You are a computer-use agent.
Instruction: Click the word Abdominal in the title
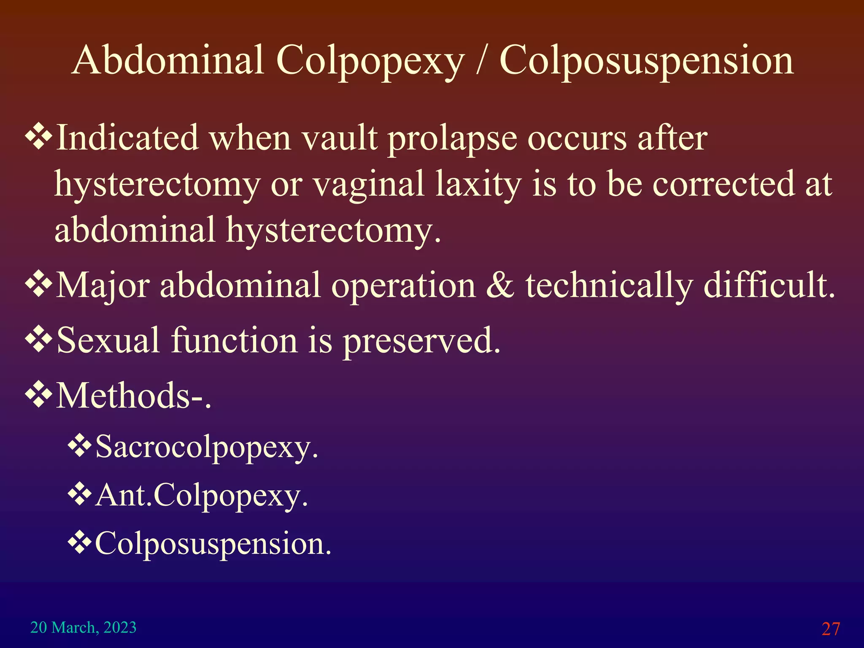tap(168, 61)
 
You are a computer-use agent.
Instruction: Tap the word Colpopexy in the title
tap(370, 62)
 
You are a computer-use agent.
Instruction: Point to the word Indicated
tap(127, 138)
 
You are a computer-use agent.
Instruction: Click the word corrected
tap(723, 184)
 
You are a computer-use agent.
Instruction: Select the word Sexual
tap(108, 340)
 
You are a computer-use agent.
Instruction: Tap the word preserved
tap(421, 342)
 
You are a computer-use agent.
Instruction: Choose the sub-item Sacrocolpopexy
tap(206, 448)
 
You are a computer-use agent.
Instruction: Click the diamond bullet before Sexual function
tap(39, 340)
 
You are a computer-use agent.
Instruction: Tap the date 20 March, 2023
tap(84, 627)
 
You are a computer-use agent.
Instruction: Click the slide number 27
tap(830, 629)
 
